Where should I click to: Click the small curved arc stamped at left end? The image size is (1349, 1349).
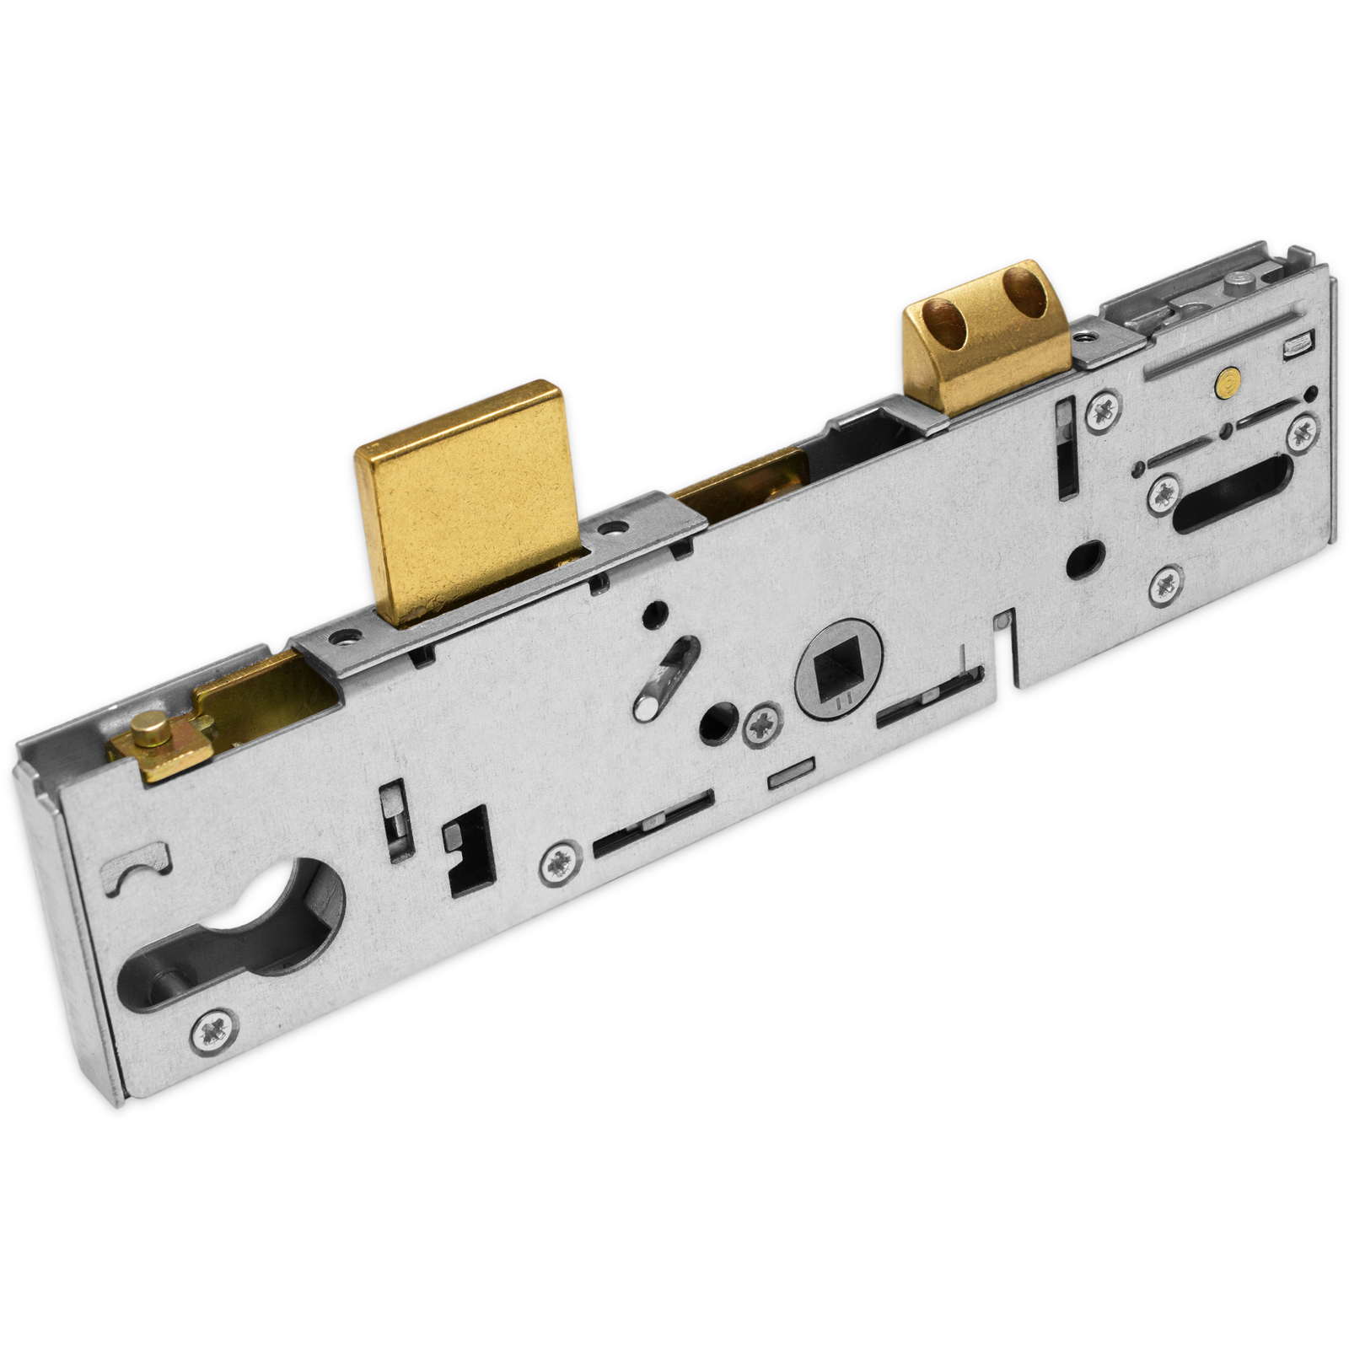(x=137, y=872)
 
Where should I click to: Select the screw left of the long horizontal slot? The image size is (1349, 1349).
(x=558, y=864)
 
